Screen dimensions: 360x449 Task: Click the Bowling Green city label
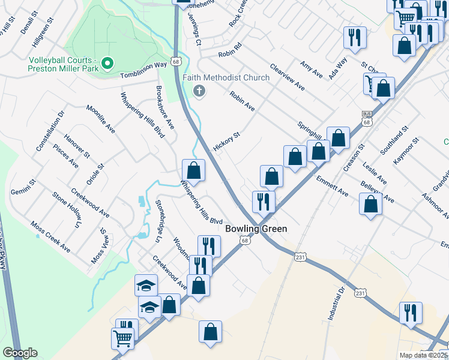click(256, 229)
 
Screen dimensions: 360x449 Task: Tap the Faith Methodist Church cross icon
click(199, 91)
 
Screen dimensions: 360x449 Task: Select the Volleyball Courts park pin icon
click(107, 62)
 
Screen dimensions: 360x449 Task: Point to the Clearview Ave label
click(288, 77)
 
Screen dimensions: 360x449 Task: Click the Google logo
click(20, 353)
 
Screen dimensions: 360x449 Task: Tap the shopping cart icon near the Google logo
click(122, 338)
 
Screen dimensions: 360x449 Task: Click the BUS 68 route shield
click(366, 118)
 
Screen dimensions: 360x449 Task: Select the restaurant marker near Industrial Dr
click(411, 313)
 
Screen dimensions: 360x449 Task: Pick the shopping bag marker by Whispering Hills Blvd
click(193, 170)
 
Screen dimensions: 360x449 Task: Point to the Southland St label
click(397, 138)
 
